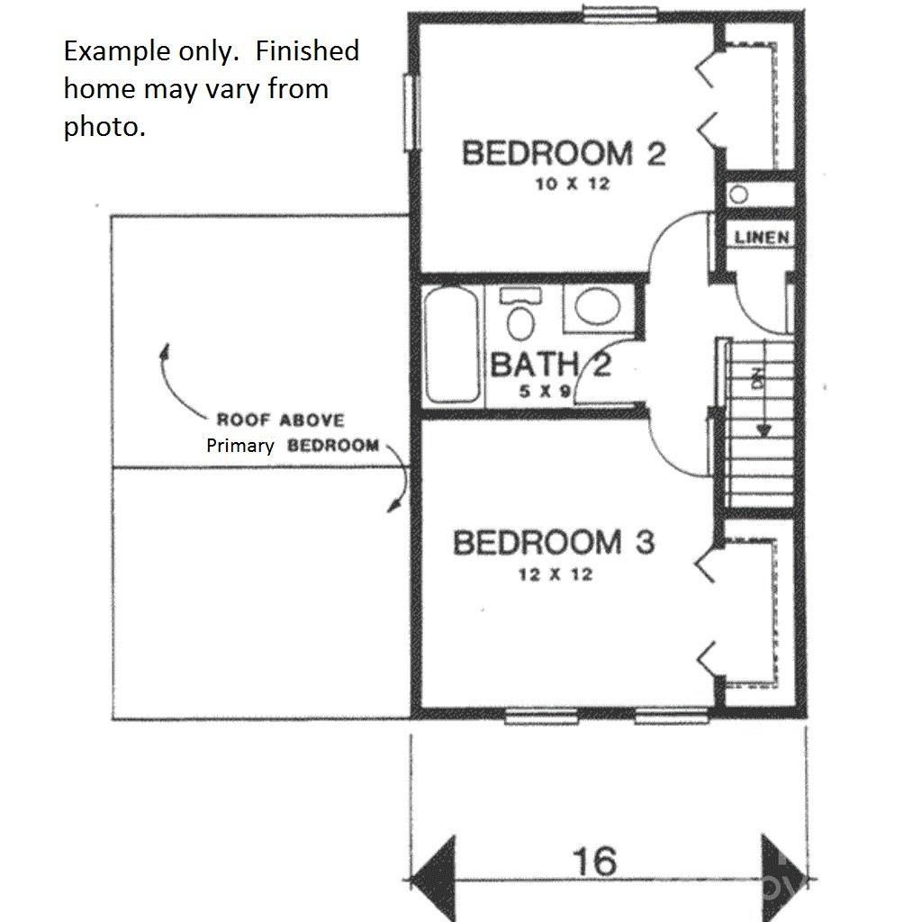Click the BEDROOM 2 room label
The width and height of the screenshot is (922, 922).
pyautogui.click(x=564, y=153)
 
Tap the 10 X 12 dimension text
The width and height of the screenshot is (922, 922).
pyautogui.click(x=565, y=185)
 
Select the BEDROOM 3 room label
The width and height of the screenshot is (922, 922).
pyautogui.click(x=553, y=543)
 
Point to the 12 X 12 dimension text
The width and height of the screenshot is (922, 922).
pyautogui.click(x=555, y=574)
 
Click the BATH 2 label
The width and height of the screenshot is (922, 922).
pyautogui.click(x=550, y=365)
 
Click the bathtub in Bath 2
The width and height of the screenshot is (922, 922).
pyautogui.click(x=451, y=344)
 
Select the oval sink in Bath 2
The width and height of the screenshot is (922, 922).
pyautogui.click(x=596, y=307)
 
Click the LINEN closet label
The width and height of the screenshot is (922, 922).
pyautogui.click(x=762, y=238)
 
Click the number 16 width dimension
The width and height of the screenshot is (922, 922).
pyautogui.click(x=595, y=861)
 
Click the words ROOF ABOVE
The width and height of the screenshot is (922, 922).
pyautogui.click(x=280, y=420)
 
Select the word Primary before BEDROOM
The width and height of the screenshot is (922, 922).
pyautogui.click(x=240, y=446)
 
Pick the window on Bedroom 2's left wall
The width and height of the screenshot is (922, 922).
pyautogui.click(x=411, y=113)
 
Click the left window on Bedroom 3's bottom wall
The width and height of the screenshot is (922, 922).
pyautogui.click(x=540, y=717)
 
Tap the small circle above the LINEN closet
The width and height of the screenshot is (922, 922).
pyautogui.click(x=740, y=194)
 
